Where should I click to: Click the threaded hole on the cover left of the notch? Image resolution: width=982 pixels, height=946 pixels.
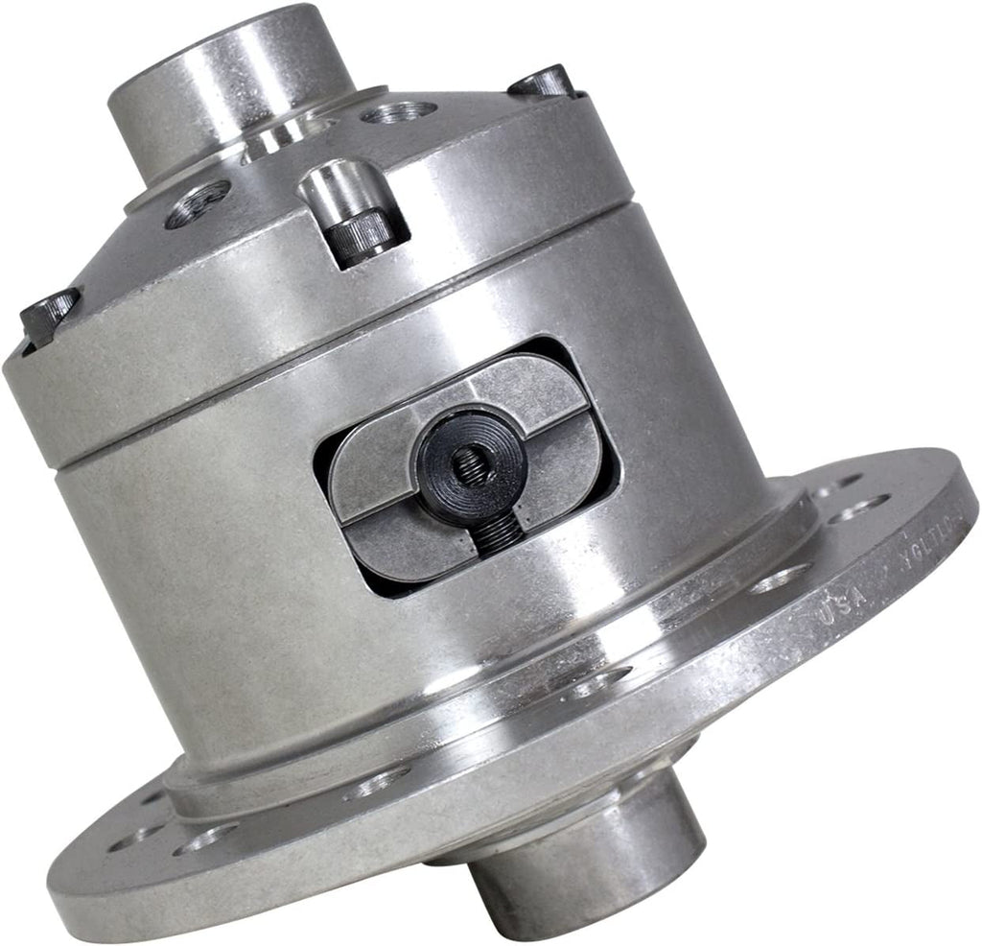click(198, 206)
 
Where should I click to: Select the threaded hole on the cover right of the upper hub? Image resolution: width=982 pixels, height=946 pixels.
click(399, 113)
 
